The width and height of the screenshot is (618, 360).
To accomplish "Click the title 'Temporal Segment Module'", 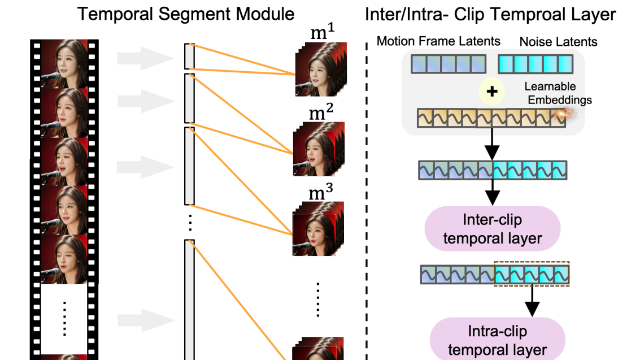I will click(186, 14).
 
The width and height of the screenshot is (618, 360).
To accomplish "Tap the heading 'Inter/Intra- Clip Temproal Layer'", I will click(490, 14).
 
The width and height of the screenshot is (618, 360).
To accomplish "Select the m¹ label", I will click(323, 33).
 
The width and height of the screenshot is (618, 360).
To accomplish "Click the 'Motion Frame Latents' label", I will click(438, 41).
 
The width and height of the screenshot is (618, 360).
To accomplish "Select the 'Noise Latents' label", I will click(558, 41).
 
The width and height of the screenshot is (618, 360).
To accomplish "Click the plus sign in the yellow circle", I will click(492, 91).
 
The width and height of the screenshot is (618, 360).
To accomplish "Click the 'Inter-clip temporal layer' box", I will click(493, 228).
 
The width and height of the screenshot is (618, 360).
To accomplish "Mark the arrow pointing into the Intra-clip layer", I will click(532, 302).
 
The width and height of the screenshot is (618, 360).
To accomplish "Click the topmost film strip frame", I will click(64, 63).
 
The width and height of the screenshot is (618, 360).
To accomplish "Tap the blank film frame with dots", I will click(64, 318).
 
